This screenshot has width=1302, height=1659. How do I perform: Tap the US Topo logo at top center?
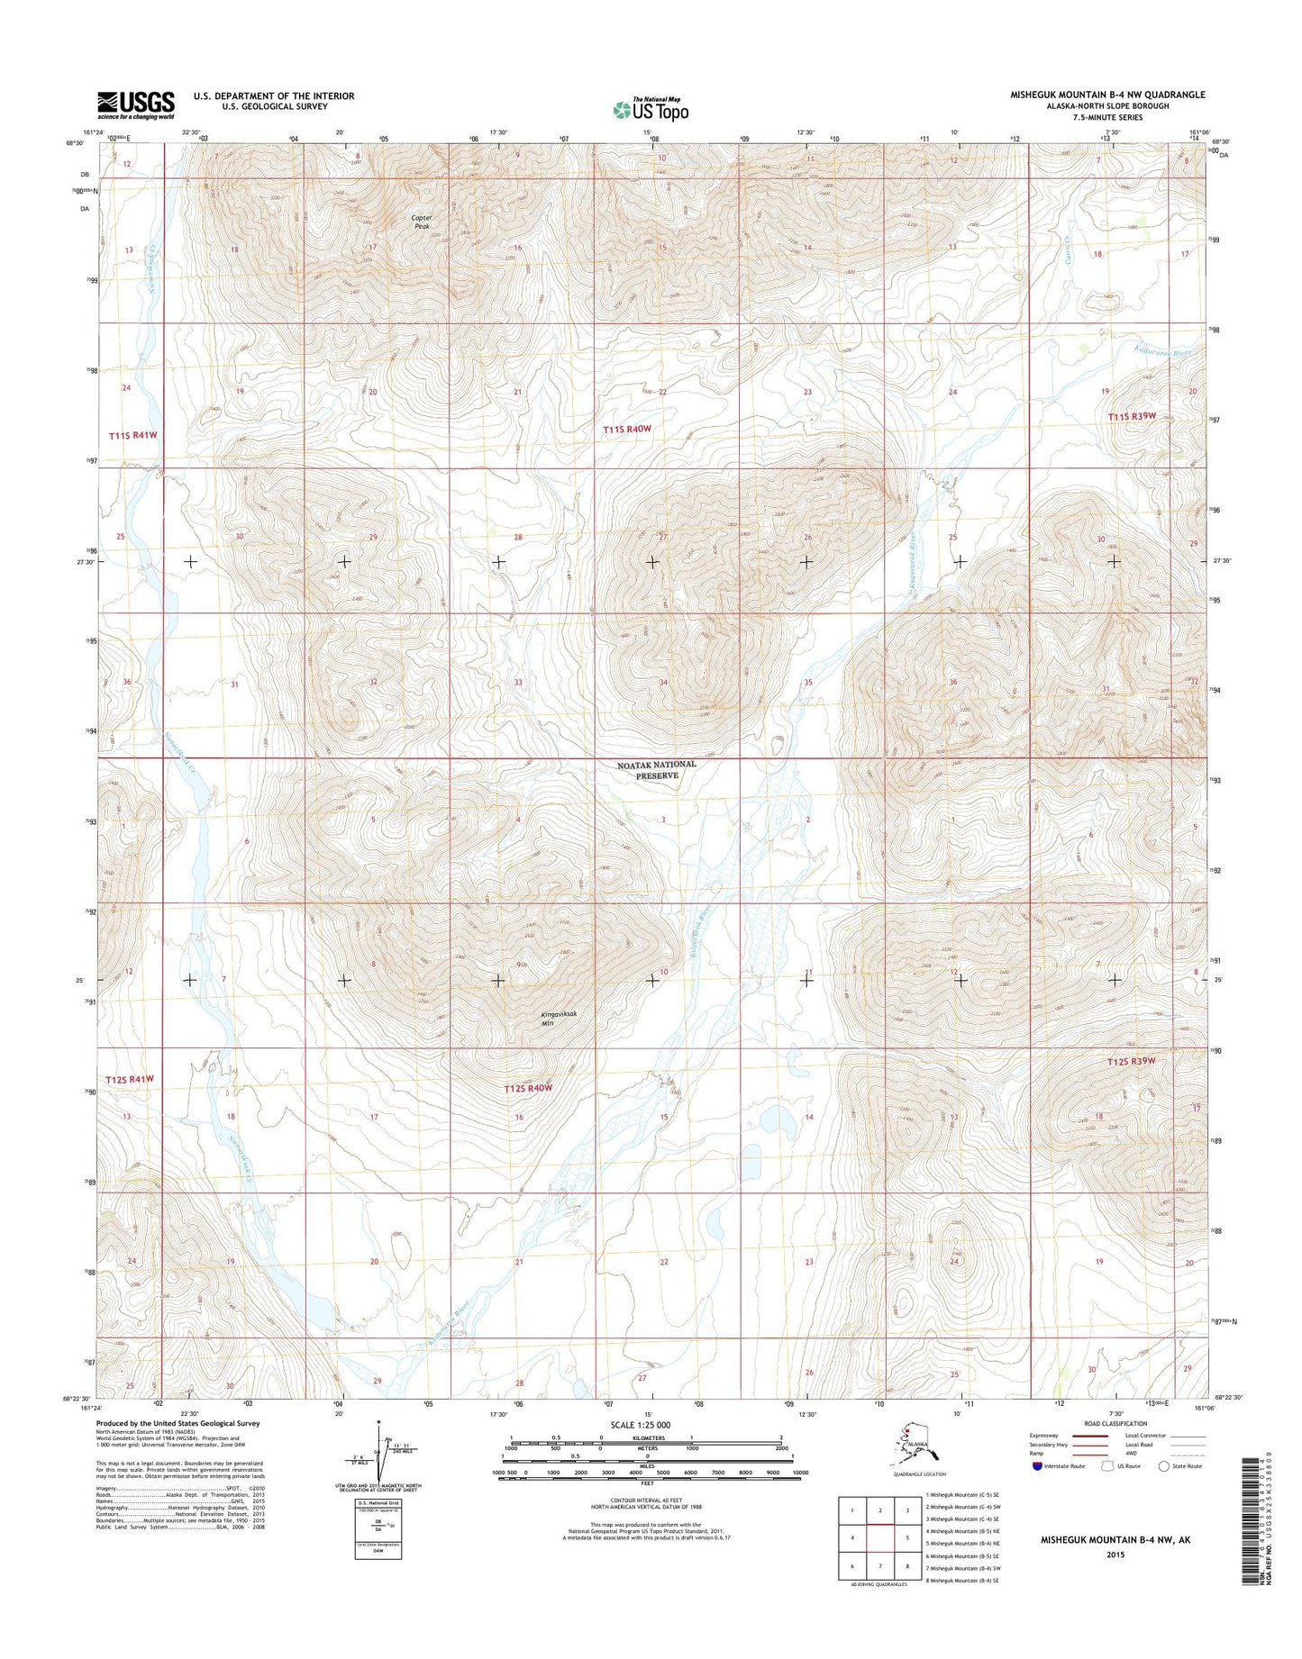(x=651, y=109)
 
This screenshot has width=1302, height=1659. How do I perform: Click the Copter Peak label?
(x=422, y=222)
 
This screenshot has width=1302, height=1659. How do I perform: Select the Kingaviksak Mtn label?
(x=558, y=1019)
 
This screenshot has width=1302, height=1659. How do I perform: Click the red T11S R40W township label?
(x=627, y=430)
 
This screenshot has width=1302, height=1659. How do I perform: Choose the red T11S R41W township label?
(x=133, y=435)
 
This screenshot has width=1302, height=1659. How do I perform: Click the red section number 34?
(x=663, y=683)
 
